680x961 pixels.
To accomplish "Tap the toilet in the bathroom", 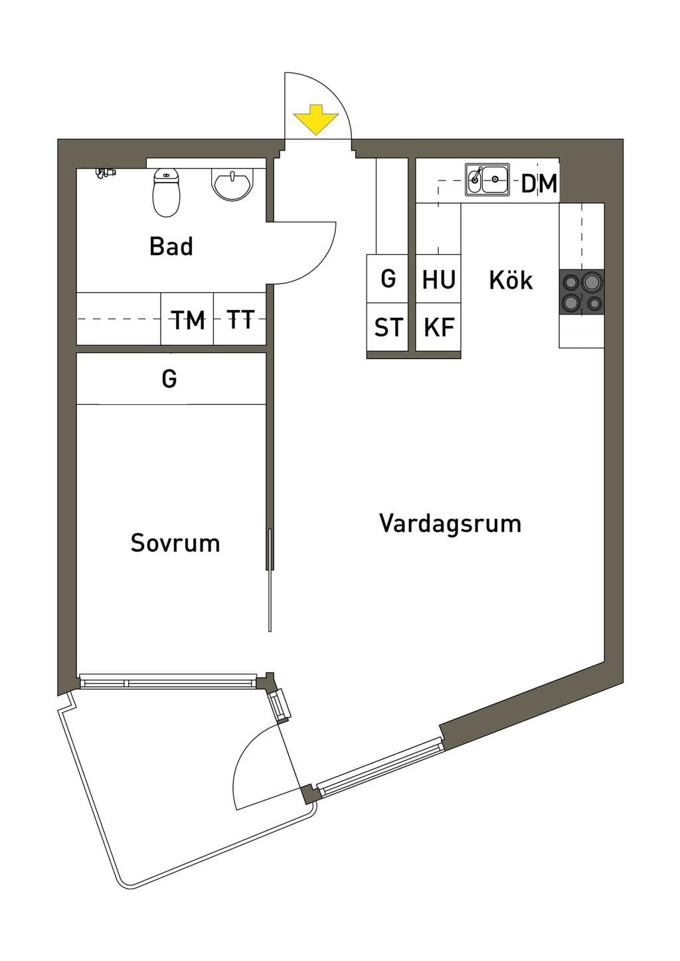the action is point(167,192).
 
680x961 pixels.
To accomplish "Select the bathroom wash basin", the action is point(232,185).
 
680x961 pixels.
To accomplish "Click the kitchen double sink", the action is point(487,179).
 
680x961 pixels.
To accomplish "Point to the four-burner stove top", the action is point(582,292).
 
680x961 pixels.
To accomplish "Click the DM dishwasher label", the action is point(539,184).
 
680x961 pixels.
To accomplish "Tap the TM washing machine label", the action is point(189,320).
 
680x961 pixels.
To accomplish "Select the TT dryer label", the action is point(240,320).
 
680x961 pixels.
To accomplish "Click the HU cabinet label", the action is point(438,279).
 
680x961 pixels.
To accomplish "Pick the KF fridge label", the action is point(439,327).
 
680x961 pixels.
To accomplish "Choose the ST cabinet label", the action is point(388,327).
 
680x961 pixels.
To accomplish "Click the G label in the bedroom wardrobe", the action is point(169,379).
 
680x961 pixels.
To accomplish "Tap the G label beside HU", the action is point(388,279).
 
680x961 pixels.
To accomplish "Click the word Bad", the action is point(171,246).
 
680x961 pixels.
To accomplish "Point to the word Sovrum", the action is point(175,543).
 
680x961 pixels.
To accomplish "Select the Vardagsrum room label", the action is point(450,524).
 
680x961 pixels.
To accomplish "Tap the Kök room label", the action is point(511,280).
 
